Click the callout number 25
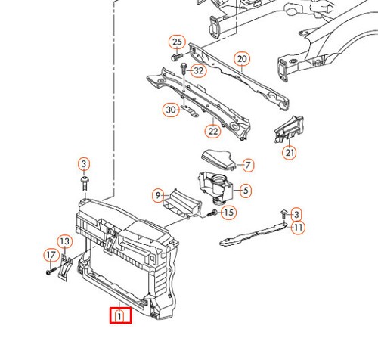[x=177, y=42]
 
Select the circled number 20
[x=242, y=59]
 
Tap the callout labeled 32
[x=199, y=71]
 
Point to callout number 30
[x=170, y=110]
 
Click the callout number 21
[x=290, y=153]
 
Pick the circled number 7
[x=249, y=165]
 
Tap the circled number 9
[x=158, y=195]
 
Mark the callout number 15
[x=228, y=213]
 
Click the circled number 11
[x=299, y=227]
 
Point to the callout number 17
[x=51, y=255]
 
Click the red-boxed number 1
[x=120, y=316]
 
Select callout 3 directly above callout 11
[x=296, y=215]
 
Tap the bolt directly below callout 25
[x=175, y=57]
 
